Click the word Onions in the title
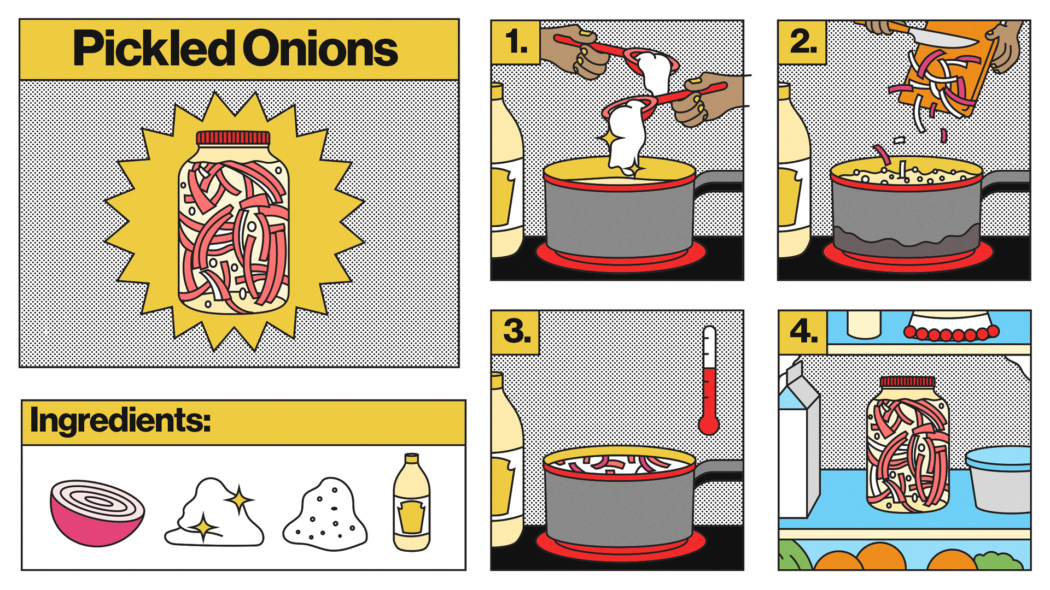[320, 49]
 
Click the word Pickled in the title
[154, 49]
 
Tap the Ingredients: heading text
[120, 421]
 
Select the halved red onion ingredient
[97, 513]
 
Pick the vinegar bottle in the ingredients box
[411, 502]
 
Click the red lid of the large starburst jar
[233, 138]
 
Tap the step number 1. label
[516, 42]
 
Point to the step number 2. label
[803, 42]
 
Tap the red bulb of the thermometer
[709, 424]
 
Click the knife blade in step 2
[941, 37]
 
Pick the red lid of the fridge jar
[907, 382]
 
